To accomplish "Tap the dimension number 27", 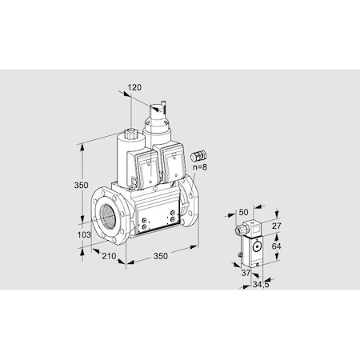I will pyautogui.click(x=277, y=227).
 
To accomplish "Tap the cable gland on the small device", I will pyautogui.click(x=240, y=255).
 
